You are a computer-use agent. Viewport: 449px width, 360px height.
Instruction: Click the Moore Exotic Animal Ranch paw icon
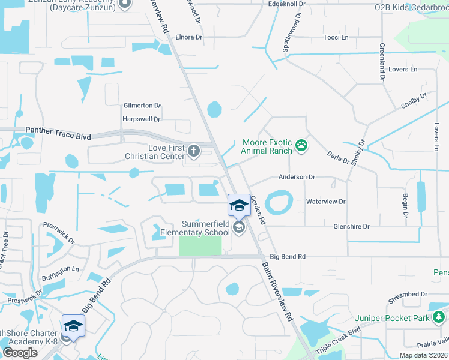(x=301, y=145)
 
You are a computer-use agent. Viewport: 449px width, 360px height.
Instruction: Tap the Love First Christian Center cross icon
(x=193, y=150)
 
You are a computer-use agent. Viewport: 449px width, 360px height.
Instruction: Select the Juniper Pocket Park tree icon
(x=440, y=316)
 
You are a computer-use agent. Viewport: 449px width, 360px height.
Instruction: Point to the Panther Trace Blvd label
(x=58, y=133)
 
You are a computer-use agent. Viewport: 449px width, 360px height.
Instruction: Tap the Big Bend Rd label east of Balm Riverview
(x=288, y=256)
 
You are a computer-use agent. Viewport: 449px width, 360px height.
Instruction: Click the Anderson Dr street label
(x=296, y=177)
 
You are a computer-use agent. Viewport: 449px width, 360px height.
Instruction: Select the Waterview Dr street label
(x=325, y=202)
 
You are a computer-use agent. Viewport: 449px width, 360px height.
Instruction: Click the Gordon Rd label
(x=258, y=209)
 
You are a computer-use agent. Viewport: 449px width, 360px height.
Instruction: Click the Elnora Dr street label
(x=188, y=37)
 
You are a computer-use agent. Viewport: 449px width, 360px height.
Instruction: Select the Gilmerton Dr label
(x=142, y=105)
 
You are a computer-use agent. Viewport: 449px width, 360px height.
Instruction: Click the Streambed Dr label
(x=407, y=295)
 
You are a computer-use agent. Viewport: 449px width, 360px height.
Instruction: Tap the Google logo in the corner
(x=20, y=353)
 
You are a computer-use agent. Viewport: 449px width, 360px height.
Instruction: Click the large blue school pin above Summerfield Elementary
(x=238, y=205)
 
